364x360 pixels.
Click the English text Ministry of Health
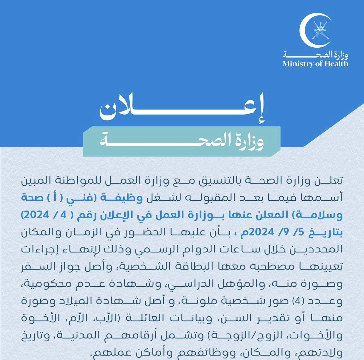tap(315, 64)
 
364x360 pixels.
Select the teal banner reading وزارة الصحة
tap(182, 141)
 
